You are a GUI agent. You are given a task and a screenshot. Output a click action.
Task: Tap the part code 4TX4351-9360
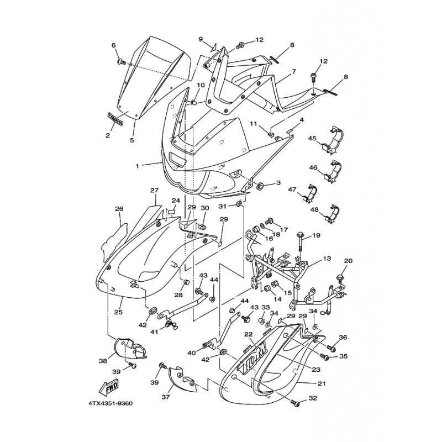(x=110, y=403)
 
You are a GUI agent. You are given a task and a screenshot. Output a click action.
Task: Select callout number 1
(x=136, y=165)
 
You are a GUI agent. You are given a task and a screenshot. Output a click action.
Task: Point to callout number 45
(x=312, y=138)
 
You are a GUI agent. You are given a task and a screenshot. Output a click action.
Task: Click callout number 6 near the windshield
(x=114, y=45)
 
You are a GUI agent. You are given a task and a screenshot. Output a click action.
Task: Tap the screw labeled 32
(x=297, y=405)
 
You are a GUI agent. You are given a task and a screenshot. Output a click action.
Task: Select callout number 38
(x=103, y=361)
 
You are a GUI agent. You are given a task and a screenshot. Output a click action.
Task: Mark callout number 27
(x=154, y=191)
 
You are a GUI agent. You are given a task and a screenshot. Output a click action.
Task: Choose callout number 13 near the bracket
(x=327, y=258)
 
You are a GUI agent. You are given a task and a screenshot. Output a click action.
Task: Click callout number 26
(x=119, y=209)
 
